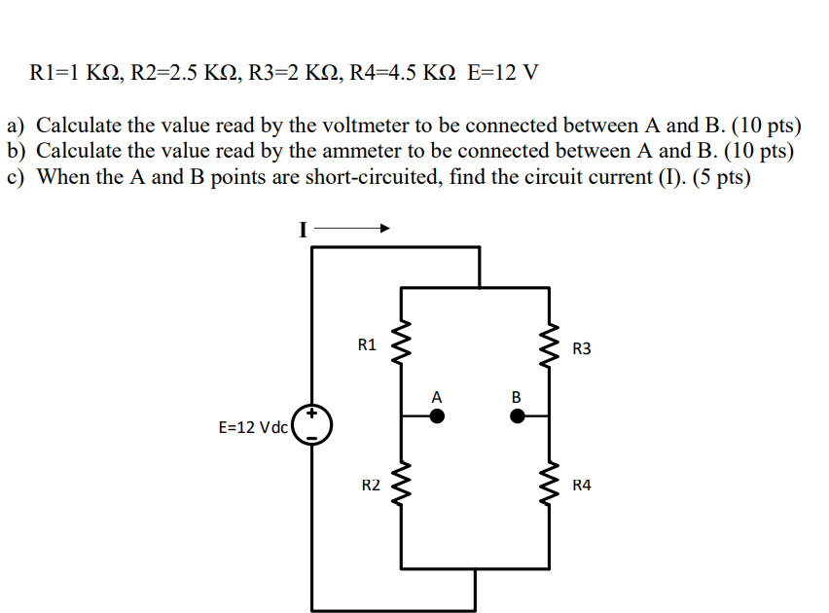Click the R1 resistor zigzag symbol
click(402, 343)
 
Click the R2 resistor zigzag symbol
click(402, 484)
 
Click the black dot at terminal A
click(438, 415)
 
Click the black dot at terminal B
click(518, 415)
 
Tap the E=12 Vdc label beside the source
click(253, 427)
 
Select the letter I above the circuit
click(302, 230)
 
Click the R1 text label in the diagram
click(367, 343)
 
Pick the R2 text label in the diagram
click(371, 485)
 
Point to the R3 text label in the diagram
click(582, 347)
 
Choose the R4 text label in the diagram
click(582, 485)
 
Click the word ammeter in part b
click(378, 153)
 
